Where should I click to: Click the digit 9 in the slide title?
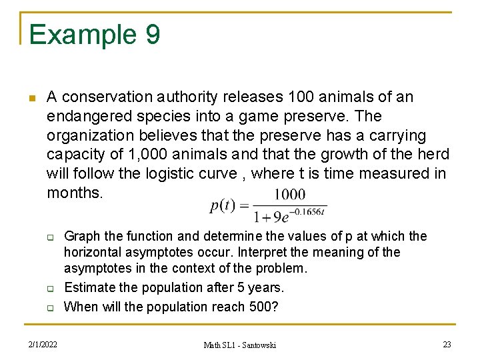coord(151,35)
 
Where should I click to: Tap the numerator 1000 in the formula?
coord(289,195)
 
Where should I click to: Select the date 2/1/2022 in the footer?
coord(43,344)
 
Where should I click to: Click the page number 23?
coord(447,344)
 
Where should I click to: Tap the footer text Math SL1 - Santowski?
coord(239,345)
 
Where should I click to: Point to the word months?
coord(75,193)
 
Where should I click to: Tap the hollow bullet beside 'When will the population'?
coord(49,308)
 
